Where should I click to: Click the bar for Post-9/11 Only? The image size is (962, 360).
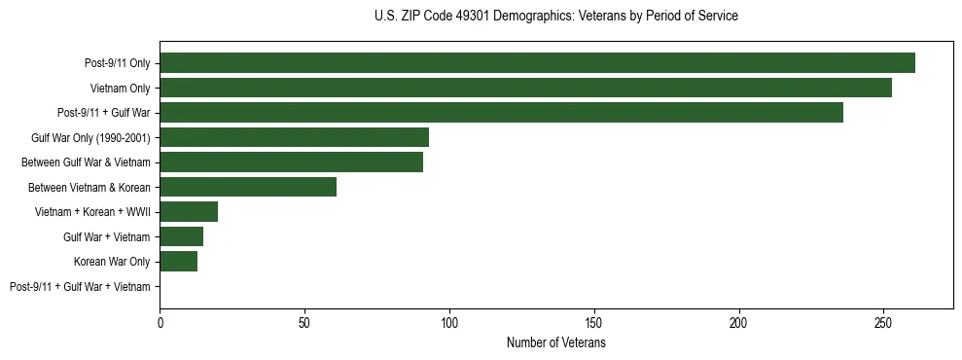click(537, 63)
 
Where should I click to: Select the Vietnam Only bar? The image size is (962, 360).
click(525, 88)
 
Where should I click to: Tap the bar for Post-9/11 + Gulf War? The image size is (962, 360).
click(501, 113)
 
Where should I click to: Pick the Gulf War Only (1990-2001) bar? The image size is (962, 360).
click(294, 137)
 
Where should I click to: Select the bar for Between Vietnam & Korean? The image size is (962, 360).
click(248, 187)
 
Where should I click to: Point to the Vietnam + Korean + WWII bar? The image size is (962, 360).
click(189, 212)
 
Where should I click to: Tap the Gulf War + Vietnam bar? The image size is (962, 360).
click(181, 236)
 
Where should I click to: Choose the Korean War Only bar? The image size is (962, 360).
click(178, 262)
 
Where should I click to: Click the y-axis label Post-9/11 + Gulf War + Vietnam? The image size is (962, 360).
click(80, 287)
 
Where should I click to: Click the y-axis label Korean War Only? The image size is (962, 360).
click(112, 262)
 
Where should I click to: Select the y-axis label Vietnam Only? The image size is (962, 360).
click(120, 89)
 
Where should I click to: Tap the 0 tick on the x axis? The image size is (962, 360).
click(160, 322)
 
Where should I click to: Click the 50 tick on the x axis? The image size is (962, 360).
click(304, 322)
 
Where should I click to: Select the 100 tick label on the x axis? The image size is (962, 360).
click(449, 322)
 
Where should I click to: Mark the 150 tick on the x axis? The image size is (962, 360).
click(594, 322)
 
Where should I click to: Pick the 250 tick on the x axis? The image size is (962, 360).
click(883, 322)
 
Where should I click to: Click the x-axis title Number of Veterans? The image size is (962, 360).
click(555, 343)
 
